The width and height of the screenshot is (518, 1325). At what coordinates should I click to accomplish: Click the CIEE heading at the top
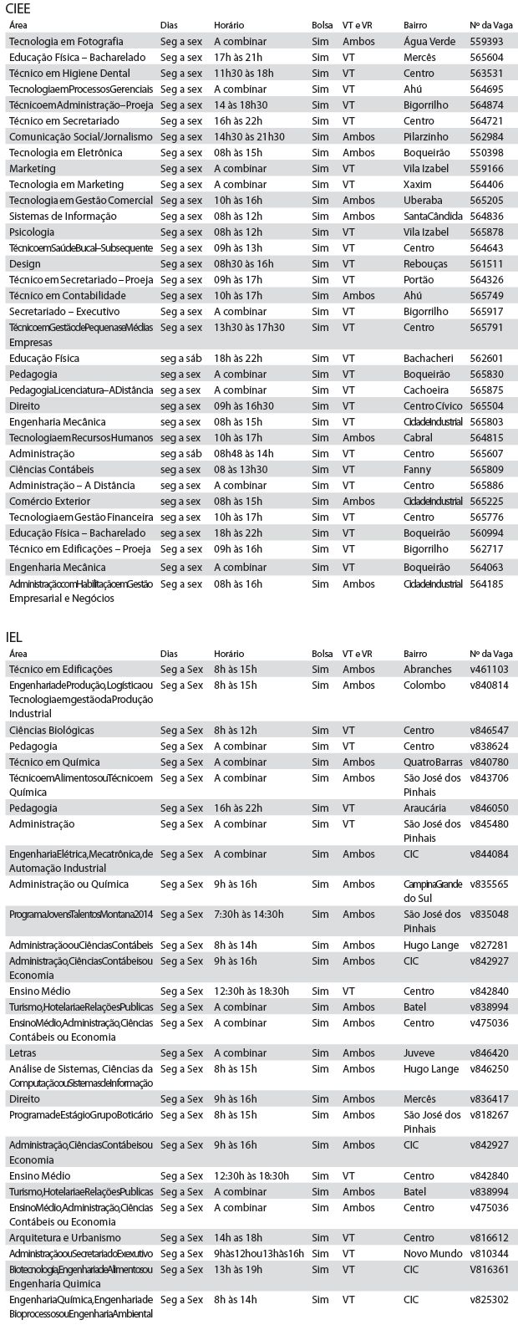tap(20, 8)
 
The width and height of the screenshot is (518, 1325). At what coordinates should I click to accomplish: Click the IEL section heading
tap(14, 636)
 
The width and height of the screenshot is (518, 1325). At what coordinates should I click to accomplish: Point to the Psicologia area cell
tap(32, 232)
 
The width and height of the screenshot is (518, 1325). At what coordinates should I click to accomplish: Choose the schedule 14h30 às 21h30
tap(249, 136)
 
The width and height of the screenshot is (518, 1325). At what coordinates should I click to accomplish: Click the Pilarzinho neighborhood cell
tap(426, 136)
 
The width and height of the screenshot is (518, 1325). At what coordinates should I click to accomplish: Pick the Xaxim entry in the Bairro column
tap(417, 184)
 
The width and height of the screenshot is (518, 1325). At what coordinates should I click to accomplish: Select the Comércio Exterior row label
tap(49, 501)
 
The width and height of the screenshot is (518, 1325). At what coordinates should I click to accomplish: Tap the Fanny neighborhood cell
tap(416, 469)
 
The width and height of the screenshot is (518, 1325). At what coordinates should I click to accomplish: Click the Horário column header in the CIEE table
tap(229, 25)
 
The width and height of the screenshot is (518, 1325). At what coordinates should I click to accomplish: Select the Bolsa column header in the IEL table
tap(322, 654)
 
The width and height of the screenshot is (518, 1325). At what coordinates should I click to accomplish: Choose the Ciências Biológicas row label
tap(51, 730)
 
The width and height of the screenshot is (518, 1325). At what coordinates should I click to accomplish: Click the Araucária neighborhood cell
tap(424, 808)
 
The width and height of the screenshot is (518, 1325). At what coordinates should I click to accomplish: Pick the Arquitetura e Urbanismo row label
tap(64, 1237)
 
